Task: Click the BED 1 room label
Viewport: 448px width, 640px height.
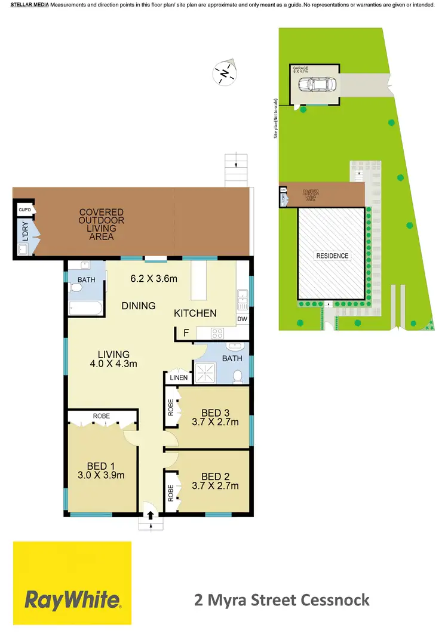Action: (100, 466)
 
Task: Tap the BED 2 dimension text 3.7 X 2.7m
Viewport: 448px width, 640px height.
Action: (211, 486)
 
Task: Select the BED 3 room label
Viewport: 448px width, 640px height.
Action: (211, 413)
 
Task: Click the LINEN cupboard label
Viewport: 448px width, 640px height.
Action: (178, 377)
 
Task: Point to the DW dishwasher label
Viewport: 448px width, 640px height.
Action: (242, 319)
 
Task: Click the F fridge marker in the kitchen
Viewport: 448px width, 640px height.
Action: (186, 333)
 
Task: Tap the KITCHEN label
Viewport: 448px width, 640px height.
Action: (195, 313)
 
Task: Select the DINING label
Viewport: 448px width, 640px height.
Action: (139, 306)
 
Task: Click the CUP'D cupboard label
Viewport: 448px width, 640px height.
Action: (24, 210)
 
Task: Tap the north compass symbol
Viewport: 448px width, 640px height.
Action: (224, 73)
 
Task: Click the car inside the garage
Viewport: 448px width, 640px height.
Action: (315, 84)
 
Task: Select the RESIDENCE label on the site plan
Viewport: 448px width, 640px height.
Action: (332, 256)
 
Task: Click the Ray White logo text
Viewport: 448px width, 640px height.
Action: (72, 599)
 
